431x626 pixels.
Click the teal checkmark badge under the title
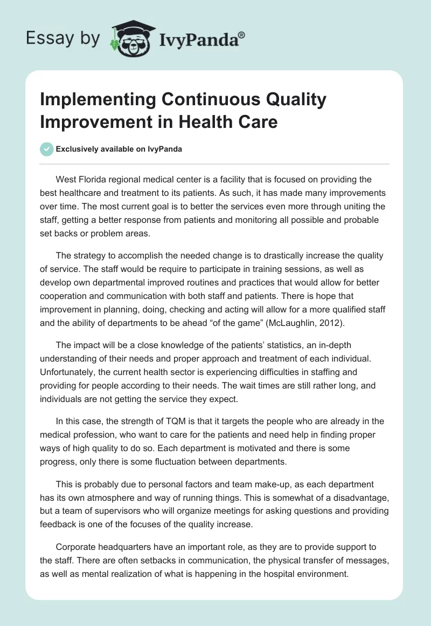point(47,149)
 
